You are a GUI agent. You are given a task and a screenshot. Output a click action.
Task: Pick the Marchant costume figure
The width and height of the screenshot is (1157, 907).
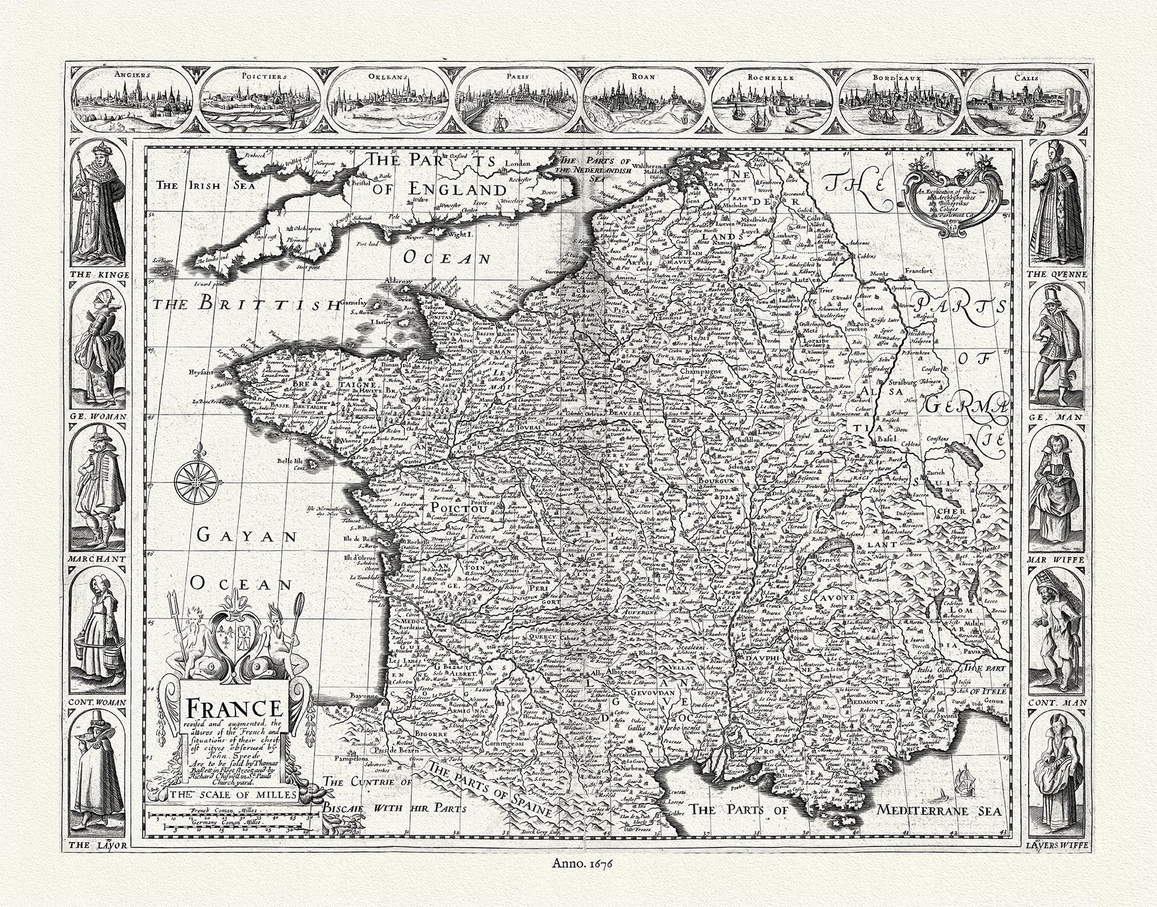coord(99,487)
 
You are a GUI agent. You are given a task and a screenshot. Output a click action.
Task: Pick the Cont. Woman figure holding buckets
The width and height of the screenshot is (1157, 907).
coord(99,630)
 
